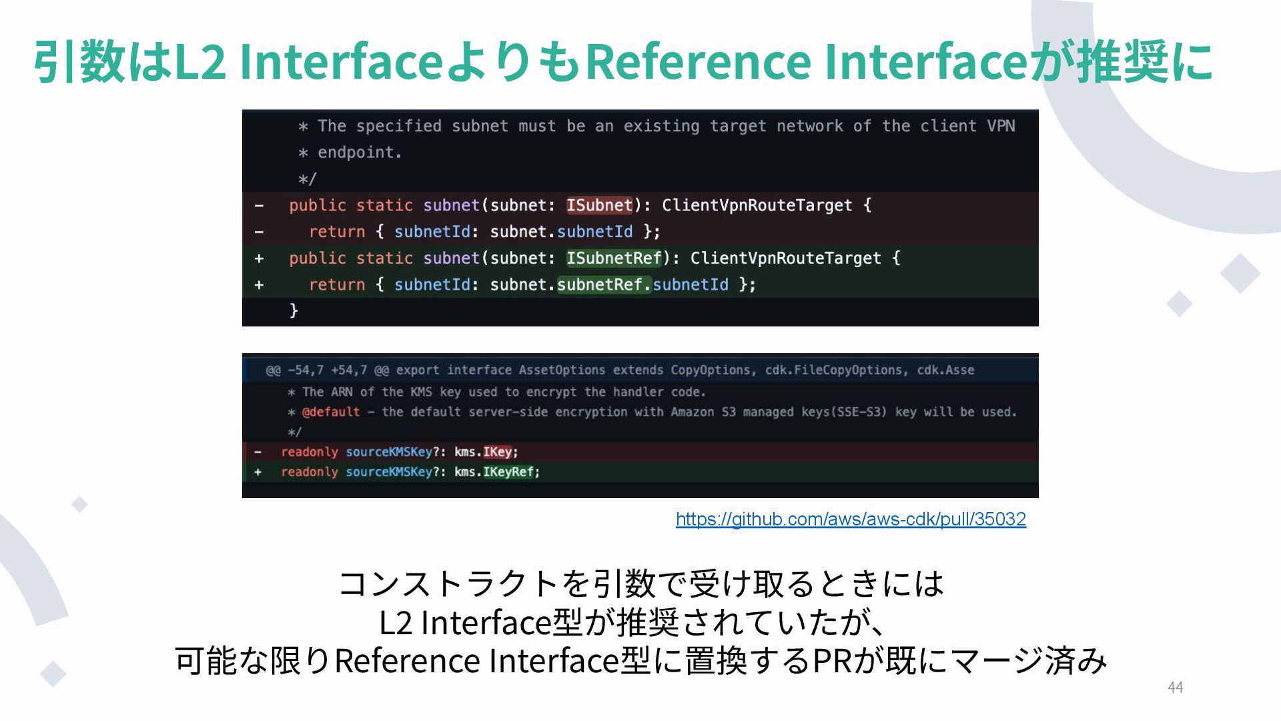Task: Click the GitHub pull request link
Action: [x=851, y=519]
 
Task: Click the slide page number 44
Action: [x=1175, y=688]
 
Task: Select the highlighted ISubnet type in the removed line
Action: [x=599, y=205]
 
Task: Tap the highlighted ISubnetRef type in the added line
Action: [x=614, y=258]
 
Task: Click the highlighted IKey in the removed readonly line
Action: [x=497, y=452]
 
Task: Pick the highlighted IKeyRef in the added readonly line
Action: [x=508, y=472]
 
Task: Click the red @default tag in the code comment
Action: [x=331, y=412]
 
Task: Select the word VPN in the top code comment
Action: [x=1001, y=126]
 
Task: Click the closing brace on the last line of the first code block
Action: [x=294, y=310]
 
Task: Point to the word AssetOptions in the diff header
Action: [x=562, y=370]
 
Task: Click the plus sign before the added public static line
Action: [x=259, y=258]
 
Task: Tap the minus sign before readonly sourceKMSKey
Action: [x=258, y=452]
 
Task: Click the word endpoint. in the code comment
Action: [x=360, y=153]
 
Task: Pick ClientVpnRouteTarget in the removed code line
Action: [x=757, y=205]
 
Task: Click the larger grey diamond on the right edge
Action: [x=1240, y=273]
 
